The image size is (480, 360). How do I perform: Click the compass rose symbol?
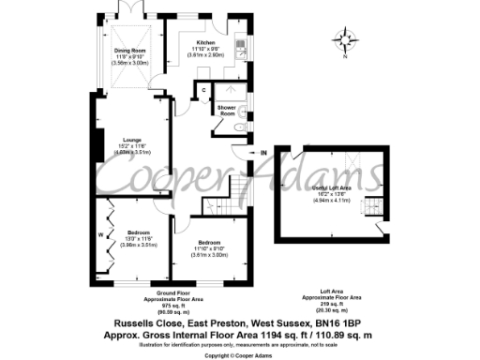coord(350,41)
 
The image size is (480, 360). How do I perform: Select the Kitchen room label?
coord(204,44)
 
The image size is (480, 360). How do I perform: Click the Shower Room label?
coord(228,110)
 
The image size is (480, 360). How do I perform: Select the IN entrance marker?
coord(263,152)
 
